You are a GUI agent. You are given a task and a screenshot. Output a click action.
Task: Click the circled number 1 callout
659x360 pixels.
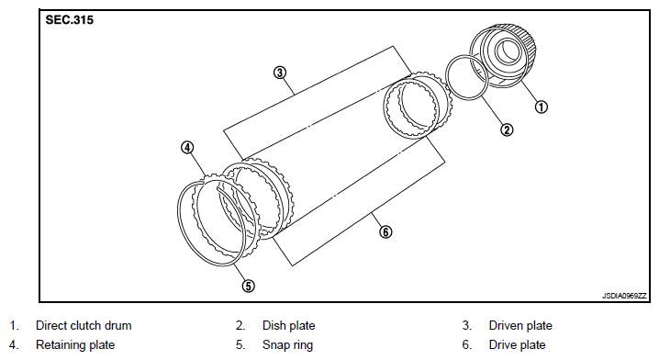pos(541,107)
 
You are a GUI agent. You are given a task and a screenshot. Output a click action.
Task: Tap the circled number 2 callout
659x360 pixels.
pos(507,129)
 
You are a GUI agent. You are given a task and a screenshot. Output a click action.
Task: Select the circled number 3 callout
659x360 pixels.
pos(280,73)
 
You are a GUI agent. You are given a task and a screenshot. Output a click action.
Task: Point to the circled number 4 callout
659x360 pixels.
pos(187,148)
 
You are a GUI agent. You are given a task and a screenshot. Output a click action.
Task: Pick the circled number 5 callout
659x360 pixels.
pos(248,286)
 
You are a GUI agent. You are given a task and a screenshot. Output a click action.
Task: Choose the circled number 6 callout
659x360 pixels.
pos(385,231)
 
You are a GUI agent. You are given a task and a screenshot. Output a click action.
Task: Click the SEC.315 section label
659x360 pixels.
pos(70,20)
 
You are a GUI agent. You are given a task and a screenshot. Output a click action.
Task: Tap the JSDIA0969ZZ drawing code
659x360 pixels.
pos(624,296)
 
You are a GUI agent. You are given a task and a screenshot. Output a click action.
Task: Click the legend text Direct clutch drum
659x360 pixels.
pos(84,325)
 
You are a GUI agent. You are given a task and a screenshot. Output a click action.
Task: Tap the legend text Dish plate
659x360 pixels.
pos(289,325)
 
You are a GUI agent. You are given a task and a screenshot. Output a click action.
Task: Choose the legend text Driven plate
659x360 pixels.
pos(520,325)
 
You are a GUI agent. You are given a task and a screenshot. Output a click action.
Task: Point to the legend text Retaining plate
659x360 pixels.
pos(75,345)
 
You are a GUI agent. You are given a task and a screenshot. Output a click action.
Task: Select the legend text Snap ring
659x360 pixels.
pos(288,345)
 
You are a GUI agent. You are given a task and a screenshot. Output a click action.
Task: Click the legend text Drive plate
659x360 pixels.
pos(518,345)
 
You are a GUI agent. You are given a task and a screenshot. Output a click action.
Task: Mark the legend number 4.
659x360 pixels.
pos(14,345)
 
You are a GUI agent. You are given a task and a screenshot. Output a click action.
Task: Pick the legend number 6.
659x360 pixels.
pos(467,345)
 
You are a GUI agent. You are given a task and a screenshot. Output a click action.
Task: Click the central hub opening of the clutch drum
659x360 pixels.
pos(508,51)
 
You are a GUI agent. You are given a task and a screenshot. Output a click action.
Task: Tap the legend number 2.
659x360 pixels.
pos(240,325)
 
